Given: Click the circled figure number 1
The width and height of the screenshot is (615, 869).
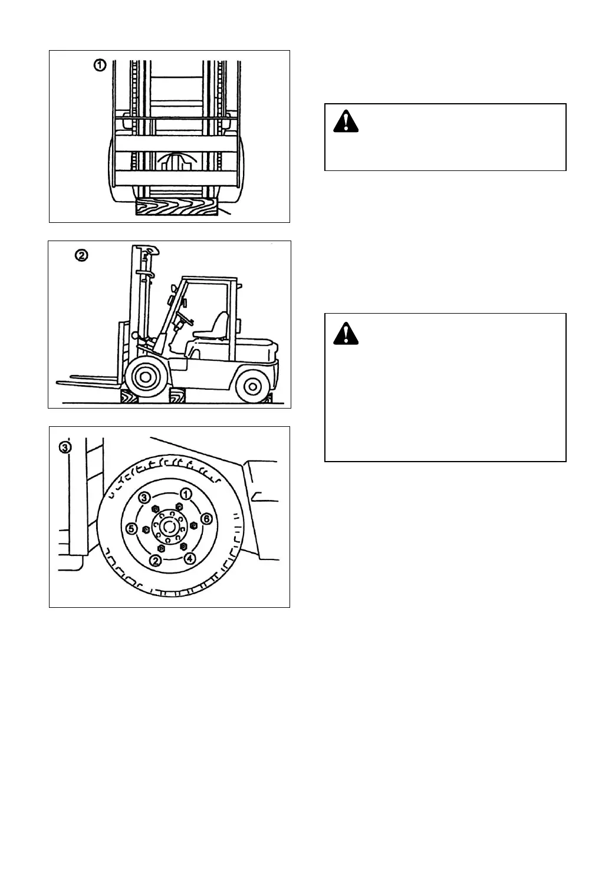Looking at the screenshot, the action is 101,65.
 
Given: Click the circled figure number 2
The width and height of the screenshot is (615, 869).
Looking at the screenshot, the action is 81,255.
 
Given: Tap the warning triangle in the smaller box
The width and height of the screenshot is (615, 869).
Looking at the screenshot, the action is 346,121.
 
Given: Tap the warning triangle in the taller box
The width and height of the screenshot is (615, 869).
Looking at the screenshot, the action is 346,334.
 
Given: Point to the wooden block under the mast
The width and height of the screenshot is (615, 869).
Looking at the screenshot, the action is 176,206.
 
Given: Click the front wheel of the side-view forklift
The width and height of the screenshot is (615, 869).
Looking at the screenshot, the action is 145,376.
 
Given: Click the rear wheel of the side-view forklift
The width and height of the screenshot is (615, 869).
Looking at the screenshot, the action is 252,386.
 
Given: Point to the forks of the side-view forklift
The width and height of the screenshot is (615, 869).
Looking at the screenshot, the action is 88,380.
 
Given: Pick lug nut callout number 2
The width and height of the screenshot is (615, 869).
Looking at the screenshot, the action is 155,560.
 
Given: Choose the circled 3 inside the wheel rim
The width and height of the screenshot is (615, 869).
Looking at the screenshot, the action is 145,498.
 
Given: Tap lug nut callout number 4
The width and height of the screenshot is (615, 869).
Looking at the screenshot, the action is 189,558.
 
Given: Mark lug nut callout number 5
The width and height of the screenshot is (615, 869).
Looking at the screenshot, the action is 132,528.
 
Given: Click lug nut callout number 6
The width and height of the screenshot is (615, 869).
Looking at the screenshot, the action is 206,519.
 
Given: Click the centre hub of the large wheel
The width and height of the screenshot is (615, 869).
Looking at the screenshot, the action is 169,526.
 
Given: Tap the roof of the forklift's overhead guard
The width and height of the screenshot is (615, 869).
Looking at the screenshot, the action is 209,279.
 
